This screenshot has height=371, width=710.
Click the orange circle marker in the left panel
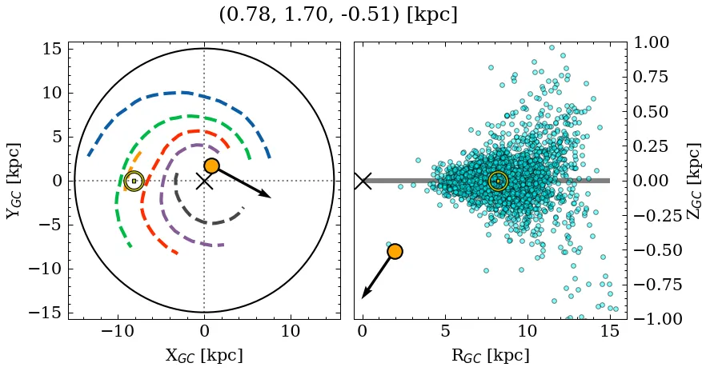click(x=211, y=166)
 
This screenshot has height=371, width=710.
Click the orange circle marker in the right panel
click(x=395, y=251)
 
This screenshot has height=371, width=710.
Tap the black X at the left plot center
click(x=204, y=181)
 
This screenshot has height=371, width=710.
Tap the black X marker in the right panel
click(x=363, y=181)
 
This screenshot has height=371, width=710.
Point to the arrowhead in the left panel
click(x=267, y=194)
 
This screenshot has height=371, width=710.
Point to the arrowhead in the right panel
click(x=365, y=294)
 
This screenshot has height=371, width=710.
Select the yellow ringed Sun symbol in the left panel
click(x=134, y=182)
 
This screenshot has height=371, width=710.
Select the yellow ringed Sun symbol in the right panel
click(x=498, y=182)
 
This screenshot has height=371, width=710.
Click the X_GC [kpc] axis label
click(x=203, y=356)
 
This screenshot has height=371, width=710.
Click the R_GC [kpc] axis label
click(x=490, y=356)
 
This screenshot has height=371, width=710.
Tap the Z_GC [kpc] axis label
click(x=693, y=181)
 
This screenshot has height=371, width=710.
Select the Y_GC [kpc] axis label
click(x=14, y=181)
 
